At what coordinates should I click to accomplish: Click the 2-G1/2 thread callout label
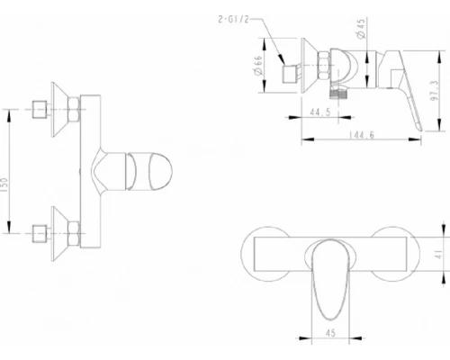pos(233,20)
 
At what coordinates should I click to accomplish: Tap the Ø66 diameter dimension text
pos(258,65)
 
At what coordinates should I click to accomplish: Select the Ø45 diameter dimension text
pos(361,29)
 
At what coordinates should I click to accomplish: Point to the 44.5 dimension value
pos(320,112)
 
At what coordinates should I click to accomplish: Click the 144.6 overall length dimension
pos(362,135)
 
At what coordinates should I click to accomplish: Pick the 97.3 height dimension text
pos(435,91)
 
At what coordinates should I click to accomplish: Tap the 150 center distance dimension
pos(4,185)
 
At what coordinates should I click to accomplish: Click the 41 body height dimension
pos(439,255)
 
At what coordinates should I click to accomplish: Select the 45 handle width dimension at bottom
pos(330,333)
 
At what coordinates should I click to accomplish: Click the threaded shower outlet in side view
pos(338,94)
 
